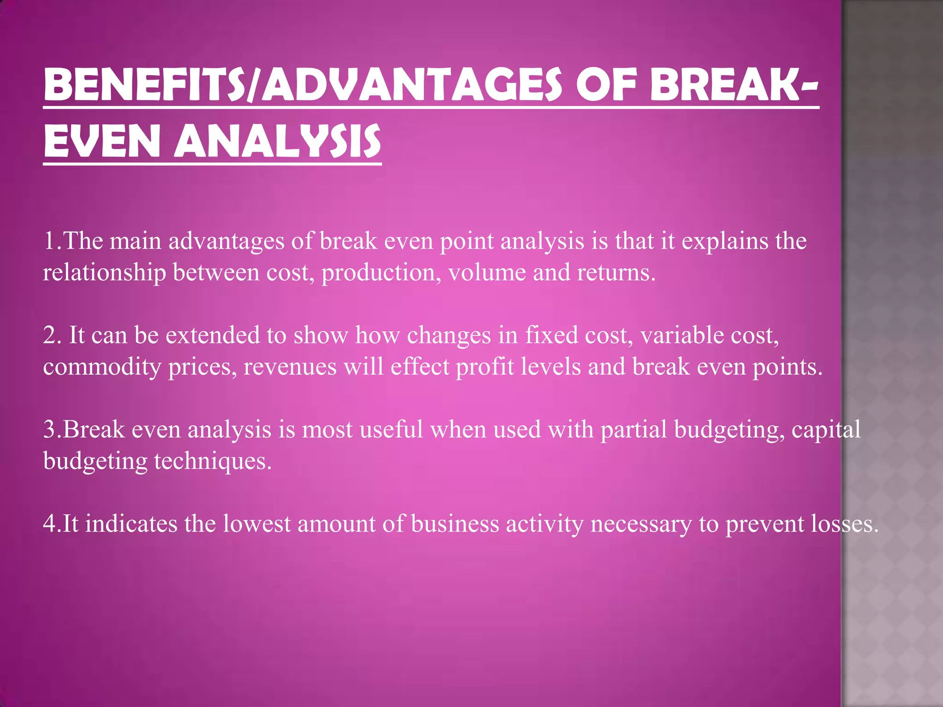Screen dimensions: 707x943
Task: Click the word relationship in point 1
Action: pos(104,272)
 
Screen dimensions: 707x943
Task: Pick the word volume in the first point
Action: pos(487,272)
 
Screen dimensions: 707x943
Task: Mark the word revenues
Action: pos(290,367)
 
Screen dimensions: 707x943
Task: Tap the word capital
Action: pos(826,430)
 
